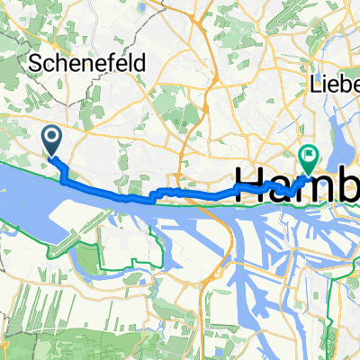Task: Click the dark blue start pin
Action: [x=51, y=140]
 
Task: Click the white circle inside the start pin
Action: [x=51, y=137]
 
